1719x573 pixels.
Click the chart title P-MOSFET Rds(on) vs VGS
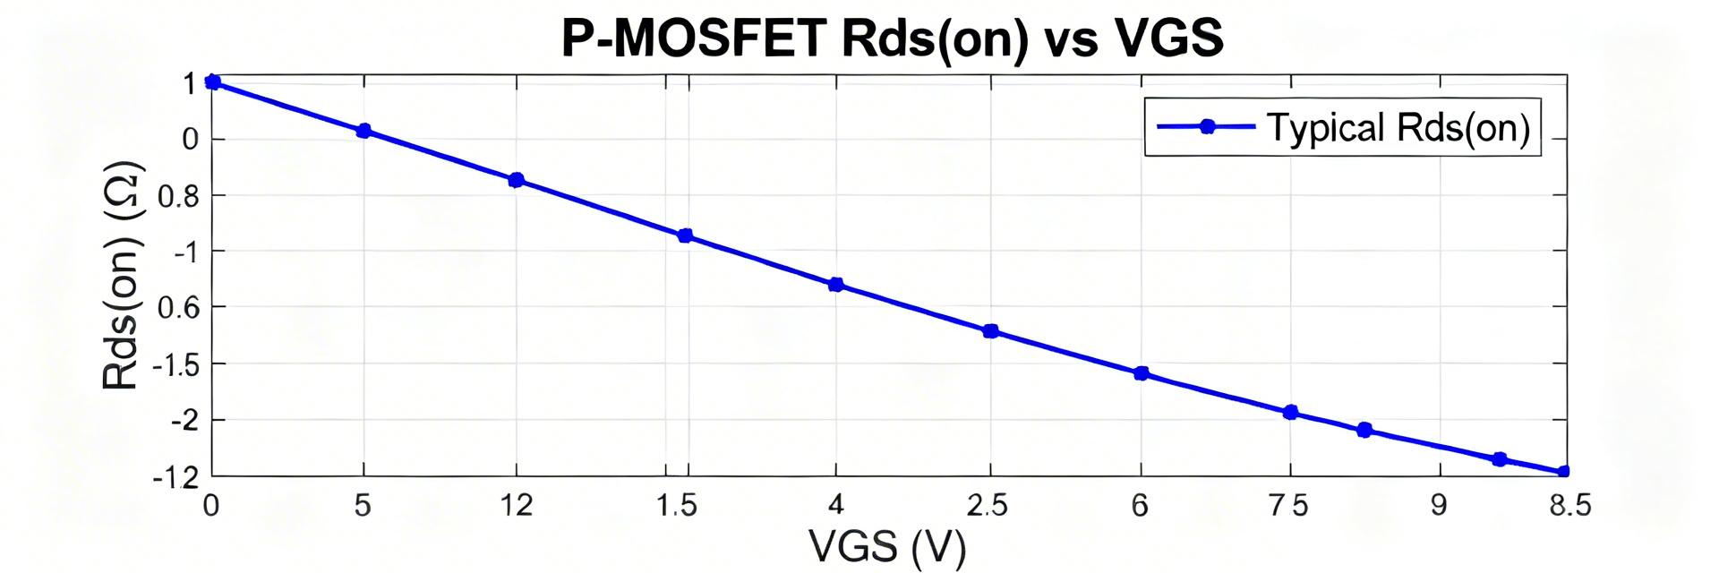coord(892,38)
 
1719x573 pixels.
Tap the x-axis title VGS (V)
coord(886,546)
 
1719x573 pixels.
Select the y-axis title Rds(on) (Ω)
coord(121,275)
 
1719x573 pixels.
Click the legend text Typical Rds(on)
coord(1398,128)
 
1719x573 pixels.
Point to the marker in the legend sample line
coord(1206,126)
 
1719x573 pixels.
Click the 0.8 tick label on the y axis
coord(178,196)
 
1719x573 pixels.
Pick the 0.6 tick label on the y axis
coord(178,308)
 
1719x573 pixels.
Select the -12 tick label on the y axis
coord(175,478)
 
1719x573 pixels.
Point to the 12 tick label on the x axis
coord(517,506)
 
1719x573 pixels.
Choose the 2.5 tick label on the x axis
coord(988,506)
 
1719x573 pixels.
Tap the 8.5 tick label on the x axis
coord(1569,506)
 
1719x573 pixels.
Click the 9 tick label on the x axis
coord(1439,506)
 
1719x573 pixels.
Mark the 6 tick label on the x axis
coord(1140,506)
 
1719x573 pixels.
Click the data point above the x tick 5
coord(363,131)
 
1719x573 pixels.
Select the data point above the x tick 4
coord(835,285)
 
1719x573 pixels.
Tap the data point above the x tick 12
coord(516,180)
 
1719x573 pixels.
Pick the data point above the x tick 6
coord(1141,373)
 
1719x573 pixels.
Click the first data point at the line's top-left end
coord(212,82)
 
